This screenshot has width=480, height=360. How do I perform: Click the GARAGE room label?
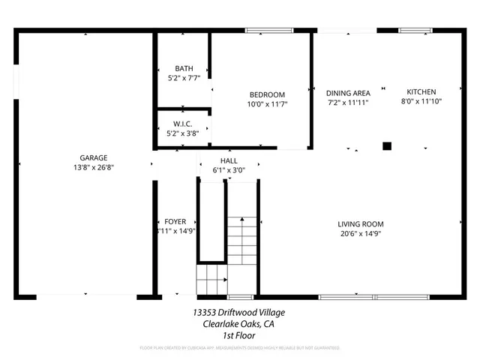click(x=94, y=157)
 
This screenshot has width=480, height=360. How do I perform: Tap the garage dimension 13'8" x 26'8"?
click(x=94, y=167)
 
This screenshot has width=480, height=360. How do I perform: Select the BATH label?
click(x=183, y=67)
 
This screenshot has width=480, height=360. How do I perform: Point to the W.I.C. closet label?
click(x=183, y=124)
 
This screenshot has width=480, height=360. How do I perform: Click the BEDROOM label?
click(x=267, y=94)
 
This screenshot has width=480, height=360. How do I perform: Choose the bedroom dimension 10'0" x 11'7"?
click(x=267, y=104)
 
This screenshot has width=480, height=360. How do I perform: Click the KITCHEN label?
click(x=421, y=91)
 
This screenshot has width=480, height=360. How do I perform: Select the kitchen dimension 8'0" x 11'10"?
click(x=421, y=101)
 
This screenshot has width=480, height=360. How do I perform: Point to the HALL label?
click(x=229, y=161)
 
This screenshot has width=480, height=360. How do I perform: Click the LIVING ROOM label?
click(x=360, y=223)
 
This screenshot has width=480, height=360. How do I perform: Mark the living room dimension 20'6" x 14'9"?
click(x=360, y=233)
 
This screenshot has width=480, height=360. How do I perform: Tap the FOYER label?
click(x=175, y=222)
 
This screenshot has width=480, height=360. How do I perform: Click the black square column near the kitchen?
click(x=387, y=146)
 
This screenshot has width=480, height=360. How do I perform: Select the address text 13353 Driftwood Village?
click(x=238, y=312)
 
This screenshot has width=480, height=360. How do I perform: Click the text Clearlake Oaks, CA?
click(x=238, y=324)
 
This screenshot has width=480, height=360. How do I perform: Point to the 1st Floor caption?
click(x=239, y=335)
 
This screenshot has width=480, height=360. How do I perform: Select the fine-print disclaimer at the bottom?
click(x=239, y=348)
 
